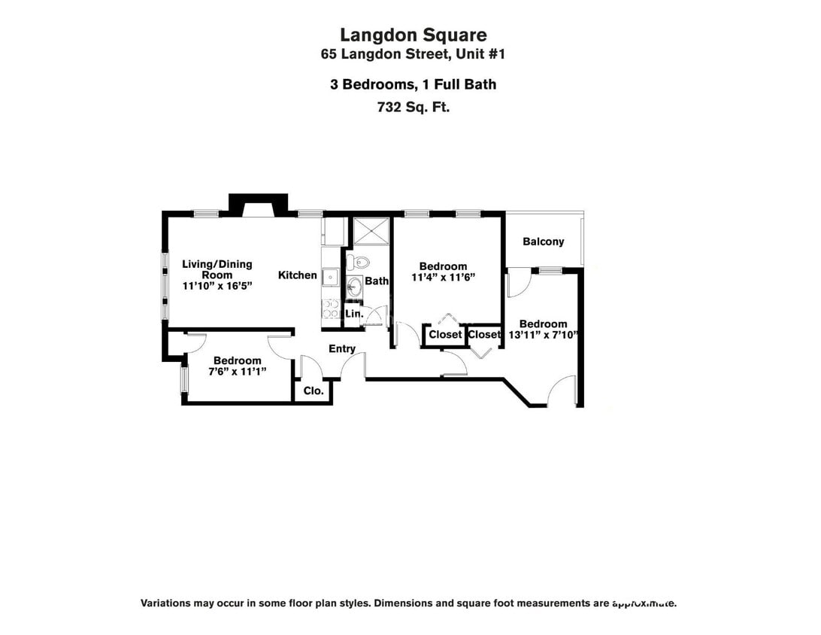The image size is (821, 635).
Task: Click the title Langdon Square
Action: [413, 35]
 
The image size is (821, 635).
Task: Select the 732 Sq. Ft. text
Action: [413, 107]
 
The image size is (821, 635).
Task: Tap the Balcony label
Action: [543, 242]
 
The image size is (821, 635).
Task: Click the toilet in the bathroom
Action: [359, 263]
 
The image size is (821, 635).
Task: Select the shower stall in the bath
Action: [371, 232]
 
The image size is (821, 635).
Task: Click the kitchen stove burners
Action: [330, 308]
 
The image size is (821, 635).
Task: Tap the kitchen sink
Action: [330, 277]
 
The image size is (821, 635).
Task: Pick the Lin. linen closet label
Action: [354, 313]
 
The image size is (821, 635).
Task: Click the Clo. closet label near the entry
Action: [313, 391]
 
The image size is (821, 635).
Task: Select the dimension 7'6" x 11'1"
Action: [237, 372]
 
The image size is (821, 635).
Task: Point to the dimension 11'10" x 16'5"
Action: [217, 286]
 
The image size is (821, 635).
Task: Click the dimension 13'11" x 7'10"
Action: [542, 335]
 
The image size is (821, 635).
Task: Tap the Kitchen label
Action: [298, 275]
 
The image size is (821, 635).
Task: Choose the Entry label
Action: [342, 348]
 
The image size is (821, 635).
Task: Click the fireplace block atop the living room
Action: [259, 204]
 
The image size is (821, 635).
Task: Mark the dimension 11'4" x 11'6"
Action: [443, 277]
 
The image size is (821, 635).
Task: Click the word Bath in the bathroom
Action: [377, 281]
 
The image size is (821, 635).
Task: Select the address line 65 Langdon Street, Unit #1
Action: [413, 54]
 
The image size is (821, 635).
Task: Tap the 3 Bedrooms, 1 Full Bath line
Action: [413, 84]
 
